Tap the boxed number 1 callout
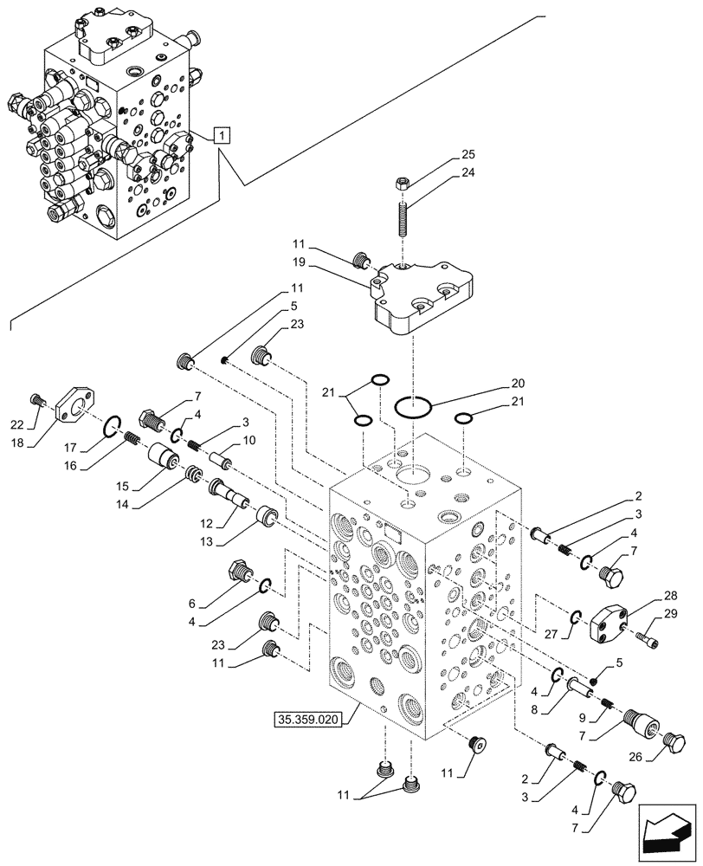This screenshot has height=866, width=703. (223, 135)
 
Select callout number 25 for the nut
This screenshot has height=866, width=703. (468, 154)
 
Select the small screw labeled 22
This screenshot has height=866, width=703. (37, 400)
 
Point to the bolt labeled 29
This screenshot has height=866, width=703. (648, 640)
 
